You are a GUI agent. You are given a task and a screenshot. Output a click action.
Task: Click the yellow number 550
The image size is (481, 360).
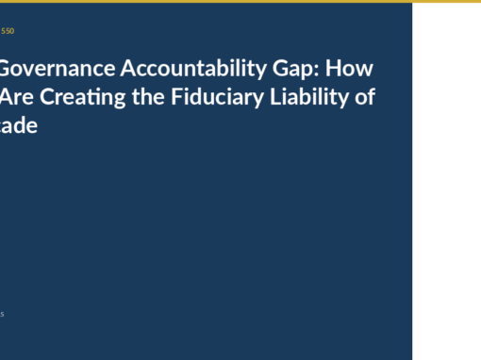click(8, 31)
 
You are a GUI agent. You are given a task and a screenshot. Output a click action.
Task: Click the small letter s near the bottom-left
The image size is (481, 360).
click(2, 314)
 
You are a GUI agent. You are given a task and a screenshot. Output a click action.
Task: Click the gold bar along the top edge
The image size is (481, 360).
click(240, 1)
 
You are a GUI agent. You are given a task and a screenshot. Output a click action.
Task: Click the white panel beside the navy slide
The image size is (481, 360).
click(446, 179)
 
